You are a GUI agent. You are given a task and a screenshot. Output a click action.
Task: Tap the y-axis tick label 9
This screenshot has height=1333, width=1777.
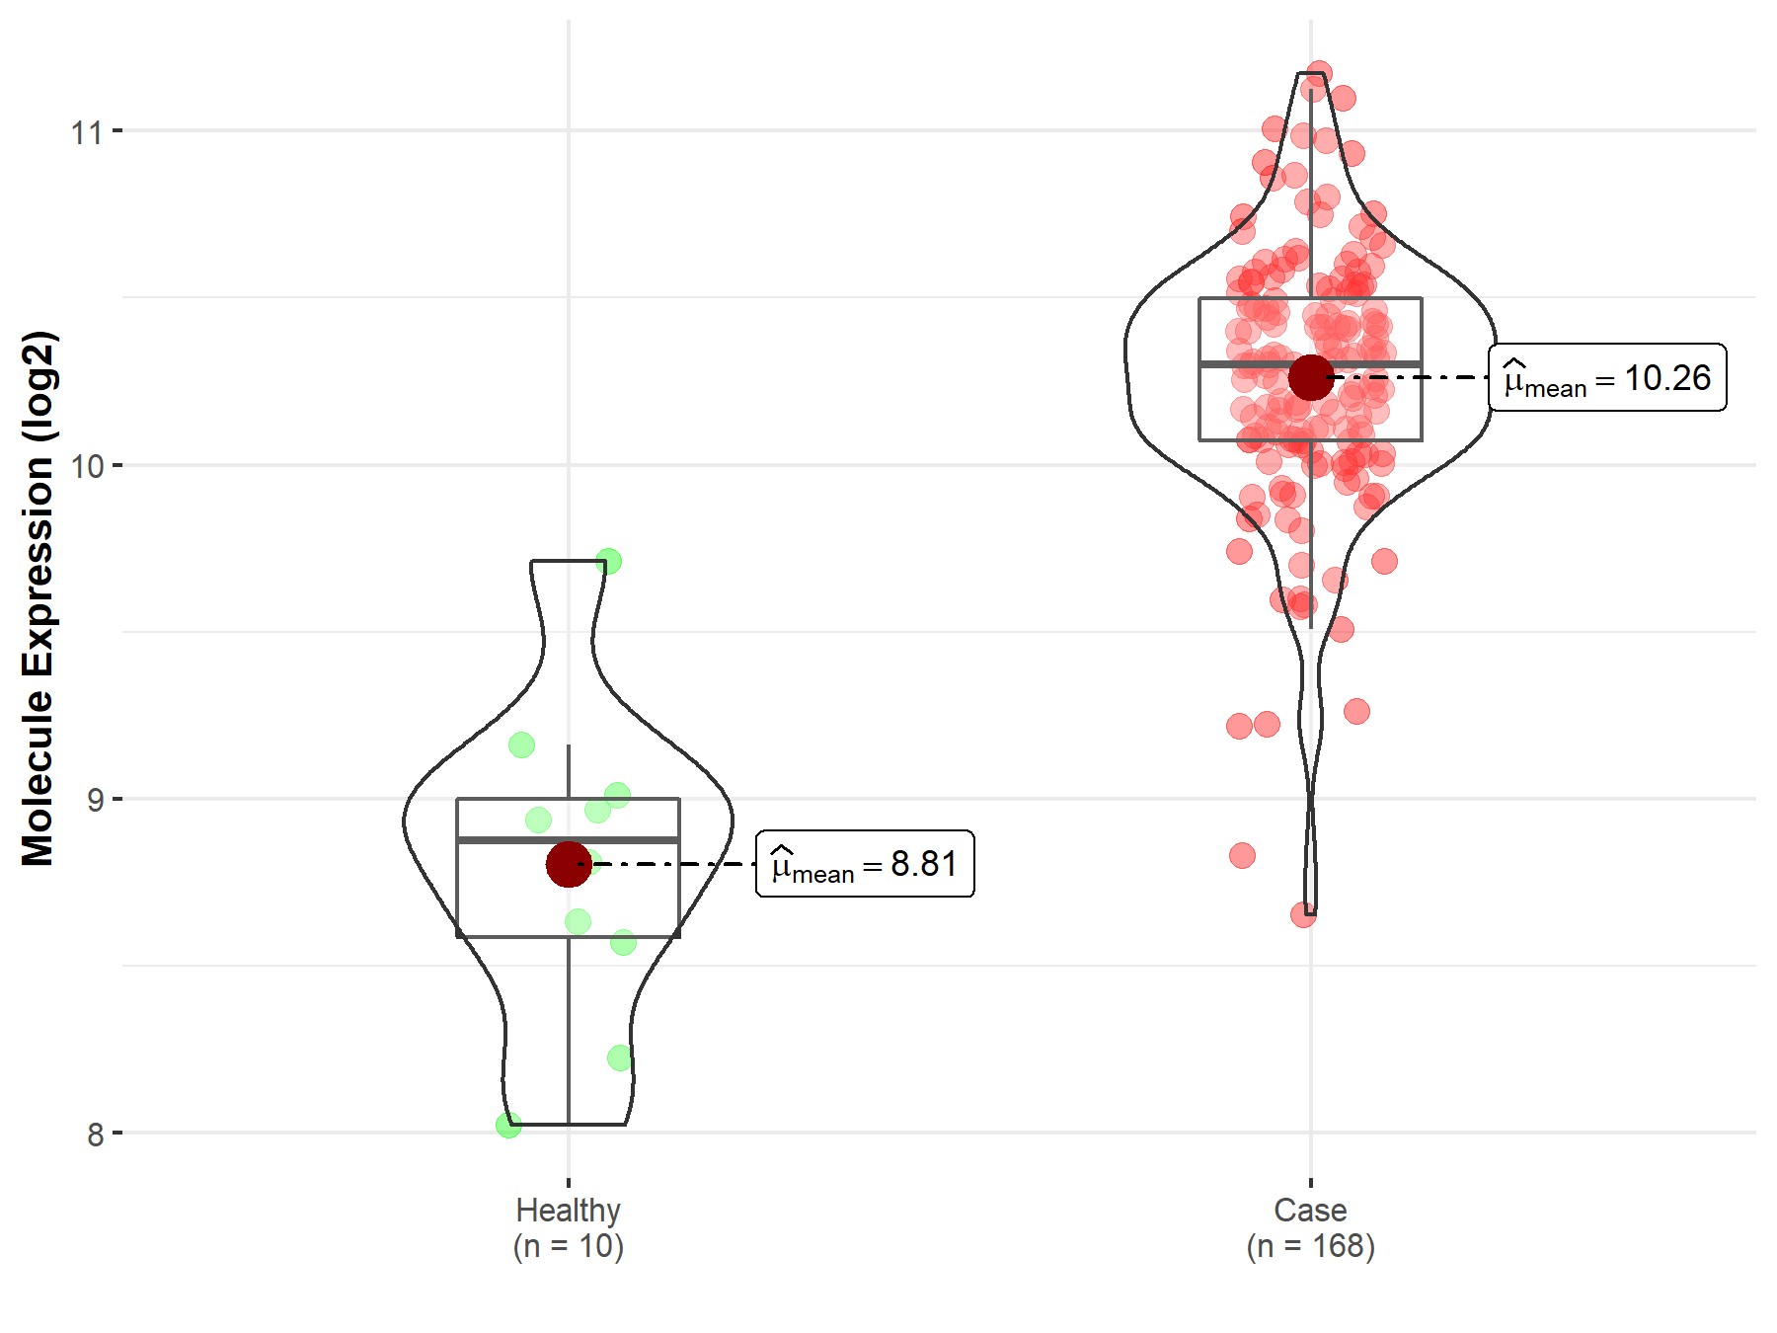coord(95,800)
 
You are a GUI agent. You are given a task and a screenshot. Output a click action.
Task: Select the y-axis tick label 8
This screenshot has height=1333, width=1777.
coord(95,1135)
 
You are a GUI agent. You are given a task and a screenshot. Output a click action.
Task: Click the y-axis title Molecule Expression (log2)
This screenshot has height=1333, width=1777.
coord(38,598)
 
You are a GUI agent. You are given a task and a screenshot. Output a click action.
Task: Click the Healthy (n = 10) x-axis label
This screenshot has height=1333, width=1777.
coord(568,1227)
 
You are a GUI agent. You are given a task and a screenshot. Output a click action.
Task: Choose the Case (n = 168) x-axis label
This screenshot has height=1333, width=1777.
coord(1310,1227)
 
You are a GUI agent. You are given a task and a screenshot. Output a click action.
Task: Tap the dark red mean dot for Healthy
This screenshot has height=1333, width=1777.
coord(569,864)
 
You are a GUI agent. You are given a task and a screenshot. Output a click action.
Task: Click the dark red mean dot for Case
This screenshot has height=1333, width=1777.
coord(1311,377)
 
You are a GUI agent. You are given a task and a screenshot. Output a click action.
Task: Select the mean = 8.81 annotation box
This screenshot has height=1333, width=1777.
coord(865,864)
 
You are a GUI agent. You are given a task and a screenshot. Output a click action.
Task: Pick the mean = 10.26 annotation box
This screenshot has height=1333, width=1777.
coord(1607,377)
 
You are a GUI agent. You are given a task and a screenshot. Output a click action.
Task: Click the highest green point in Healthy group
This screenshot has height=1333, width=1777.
coord(608,562)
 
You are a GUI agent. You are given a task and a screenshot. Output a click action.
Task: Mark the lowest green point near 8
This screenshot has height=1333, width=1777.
coord(508,1125)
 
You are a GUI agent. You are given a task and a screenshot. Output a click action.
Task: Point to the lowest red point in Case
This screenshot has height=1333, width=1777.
coord(1303,914)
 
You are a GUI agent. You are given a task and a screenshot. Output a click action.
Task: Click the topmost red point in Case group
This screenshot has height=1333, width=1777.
coord(1319,74)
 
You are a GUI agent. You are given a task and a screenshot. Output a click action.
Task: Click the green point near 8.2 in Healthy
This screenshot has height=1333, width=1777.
coord(620,1059)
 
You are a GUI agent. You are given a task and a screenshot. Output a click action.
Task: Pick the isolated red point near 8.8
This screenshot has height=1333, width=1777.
coord(1242,855)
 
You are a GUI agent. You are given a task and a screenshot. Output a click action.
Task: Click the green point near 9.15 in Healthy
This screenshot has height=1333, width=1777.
coord(521,745)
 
